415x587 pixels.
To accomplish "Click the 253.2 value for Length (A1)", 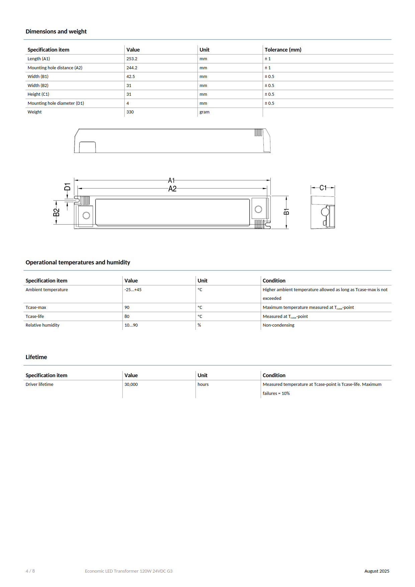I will coord(132,59).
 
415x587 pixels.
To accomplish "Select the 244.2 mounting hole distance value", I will coord(132,68).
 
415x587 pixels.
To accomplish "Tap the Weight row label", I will coord(35,112).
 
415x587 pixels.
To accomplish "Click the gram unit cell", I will coord(204,112).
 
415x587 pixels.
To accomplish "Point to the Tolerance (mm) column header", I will coord(283,50).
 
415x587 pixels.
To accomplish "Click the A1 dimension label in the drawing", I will coord(171,180).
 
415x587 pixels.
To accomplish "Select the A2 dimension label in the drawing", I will coord(172,189).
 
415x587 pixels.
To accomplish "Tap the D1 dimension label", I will coord(68,187).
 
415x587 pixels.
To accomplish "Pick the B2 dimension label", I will coord(56,213).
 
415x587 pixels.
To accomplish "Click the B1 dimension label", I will coord(286,212).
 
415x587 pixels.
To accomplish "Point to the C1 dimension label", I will coord(323,188).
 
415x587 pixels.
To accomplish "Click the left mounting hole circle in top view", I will coord(86,216).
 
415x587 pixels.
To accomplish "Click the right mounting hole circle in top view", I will coord(258,209).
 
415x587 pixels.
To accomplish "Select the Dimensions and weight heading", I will coord(56,31).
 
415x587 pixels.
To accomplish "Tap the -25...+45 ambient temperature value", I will coord(133,290).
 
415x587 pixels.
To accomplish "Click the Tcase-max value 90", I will coord(127,308).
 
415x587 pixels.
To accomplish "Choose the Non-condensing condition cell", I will coord(278,325).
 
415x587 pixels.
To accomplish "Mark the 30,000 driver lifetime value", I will coord(131,385).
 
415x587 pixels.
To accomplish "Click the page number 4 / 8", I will coord(30,571).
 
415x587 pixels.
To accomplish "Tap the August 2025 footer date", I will coord(377,571).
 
